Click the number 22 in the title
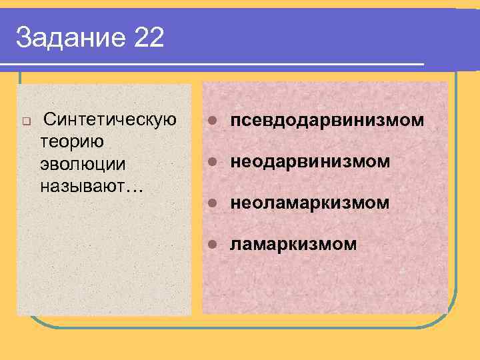(x=149, y=38)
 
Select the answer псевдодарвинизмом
(x=327, y=121)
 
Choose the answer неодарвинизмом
(x=310, y=162)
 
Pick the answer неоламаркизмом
(x=310, y=203)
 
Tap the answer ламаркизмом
(x=293, y=244)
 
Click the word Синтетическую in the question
(x=109, y=120)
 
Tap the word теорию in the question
(x=70, y=141)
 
